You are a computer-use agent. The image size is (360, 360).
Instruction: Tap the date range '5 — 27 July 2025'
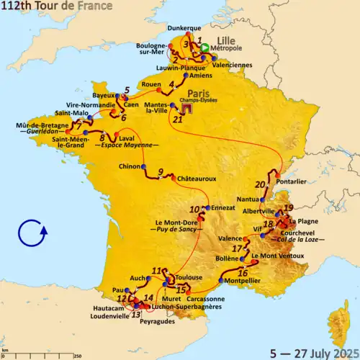click(x=313, y=352)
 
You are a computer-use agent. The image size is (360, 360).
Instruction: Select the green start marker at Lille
click(x=204, y=48)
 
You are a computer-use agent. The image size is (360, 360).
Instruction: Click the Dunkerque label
click(x=184, y=28)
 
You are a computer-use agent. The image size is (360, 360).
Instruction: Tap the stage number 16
click(x=243, y=273)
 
